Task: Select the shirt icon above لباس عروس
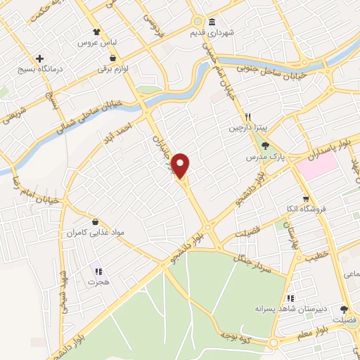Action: (x=98, y=32)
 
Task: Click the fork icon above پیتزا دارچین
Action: (x=247, y=117)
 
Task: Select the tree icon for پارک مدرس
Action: (x=264, y=146)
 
